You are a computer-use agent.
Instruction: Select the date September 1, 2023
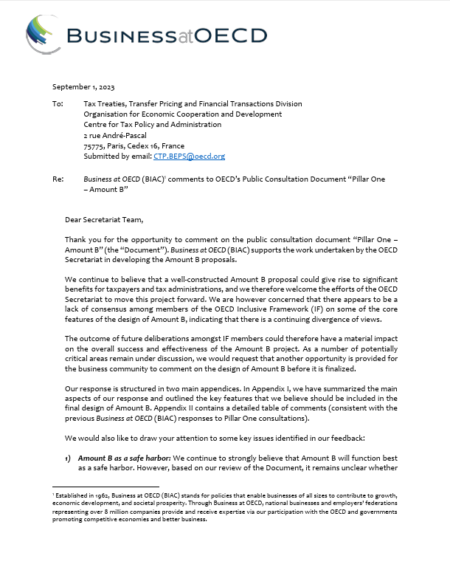[83, 87]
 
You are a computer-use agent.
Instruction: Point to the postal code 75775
[94, 146]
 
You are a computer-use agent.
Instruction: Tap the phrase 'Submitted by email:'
[120, 157]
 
